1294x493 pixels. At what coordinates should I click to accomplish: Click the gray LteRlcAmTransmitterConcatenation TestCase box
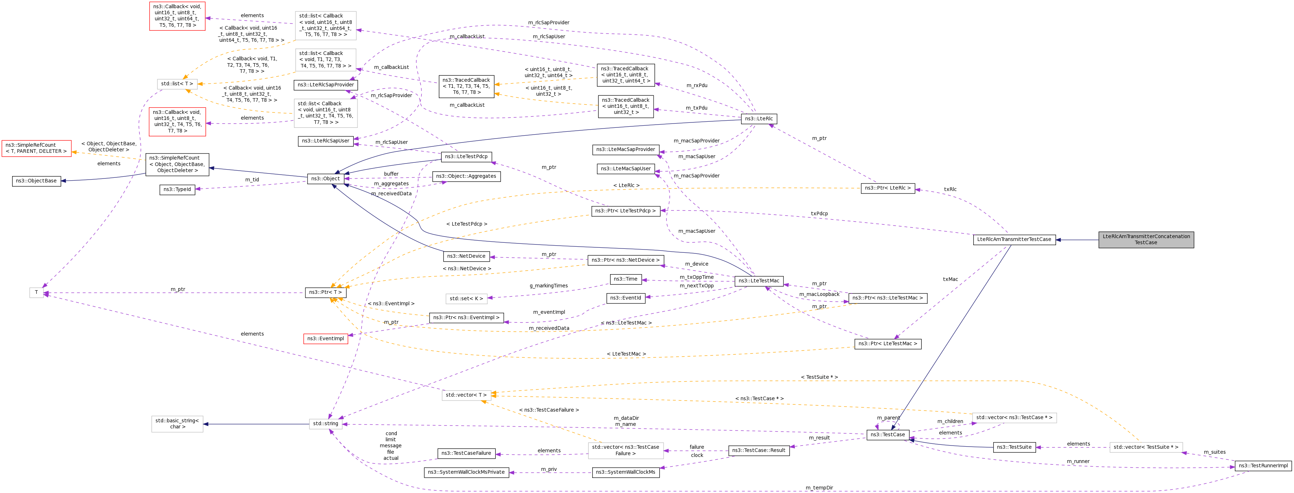(x=1146, y=239)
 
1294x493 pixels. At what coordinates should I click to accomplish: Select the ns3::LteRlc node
(x=758, y=119)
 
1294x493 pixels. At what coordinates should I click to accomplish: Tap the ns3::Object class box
(x=325, y=178)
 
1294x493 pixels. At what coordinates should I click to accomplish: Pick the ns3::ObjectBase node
(x=36, y=180)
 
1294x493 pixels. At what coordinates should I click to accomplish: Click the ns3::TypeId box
(x=177, y=190)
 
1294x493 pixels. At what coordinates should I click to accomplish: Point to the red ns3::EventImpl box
(x=325, y=338)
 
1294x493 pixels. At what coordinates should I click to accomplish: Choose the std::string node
(x=325, y=423)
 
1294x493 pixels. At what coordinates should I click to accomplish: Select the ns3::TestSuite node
(x=1014, y=447)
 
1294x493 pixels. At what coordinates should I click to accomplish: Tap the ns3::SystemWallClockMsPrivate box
(x=466, y=472)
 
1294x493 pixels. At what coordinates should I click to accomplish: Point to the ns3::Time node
(x=625, y=279)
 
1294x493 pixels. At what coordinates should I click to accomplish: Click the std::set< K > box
(x=466, y=298)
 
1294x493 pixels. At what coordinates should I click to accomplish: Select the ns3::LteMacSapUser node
(x=625, y=168)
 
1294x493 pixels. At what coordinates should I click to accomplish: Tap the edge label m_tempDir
(x=819, y=488)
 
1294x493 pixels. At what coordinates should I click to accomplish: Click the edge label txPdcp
(x=819, y=213)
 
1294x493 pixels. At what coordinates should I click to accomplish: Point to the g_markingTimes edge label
(x=549, y=286)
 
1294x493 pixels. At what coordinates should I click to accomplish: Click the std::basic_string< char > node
(x=177, y=424)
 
